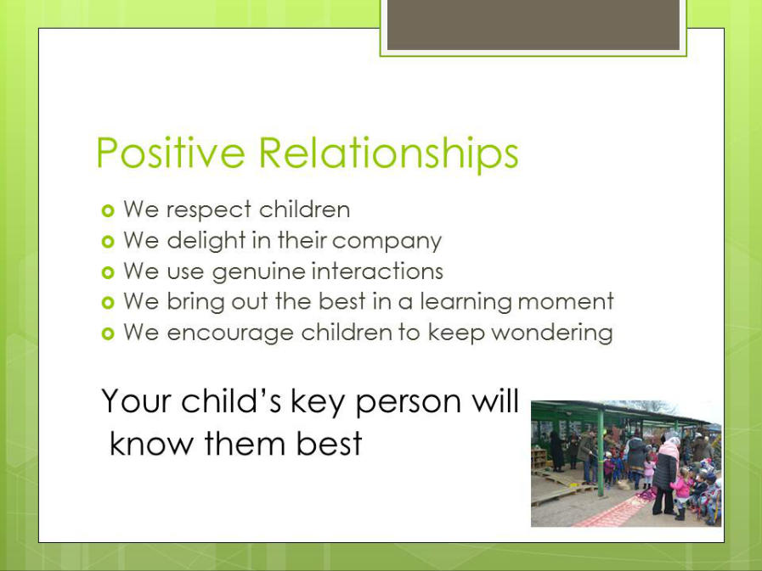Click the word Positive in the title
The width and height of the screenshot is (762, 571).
click(x=170, y=153)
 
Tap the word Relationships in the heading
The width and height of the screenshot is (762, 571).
click(x=388, y=153)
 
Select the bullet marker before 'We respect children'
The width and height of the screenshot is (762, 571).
click(x=108, y=210)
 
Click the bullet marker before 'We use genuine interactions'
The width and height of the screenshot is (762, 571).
click(x=108, y=272)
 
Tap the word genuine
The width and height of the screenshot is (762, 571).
click(x=258, y=272)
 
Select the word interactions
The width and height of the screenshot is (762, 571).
click(x=377, y=271)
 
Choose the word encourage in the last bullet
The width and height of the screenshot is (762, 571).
click(x=230, y=334)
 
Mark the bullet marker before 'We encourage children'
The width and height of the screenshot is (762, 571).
click(x=108, y=333)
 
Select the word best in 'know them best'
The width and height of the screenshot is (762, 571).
click(x=329, y=443)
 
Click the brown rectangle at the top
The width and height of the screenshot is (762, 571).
click(x=533, y=25)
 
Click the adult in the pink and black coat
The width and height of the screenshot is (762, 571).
click(x=665, y=476)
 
